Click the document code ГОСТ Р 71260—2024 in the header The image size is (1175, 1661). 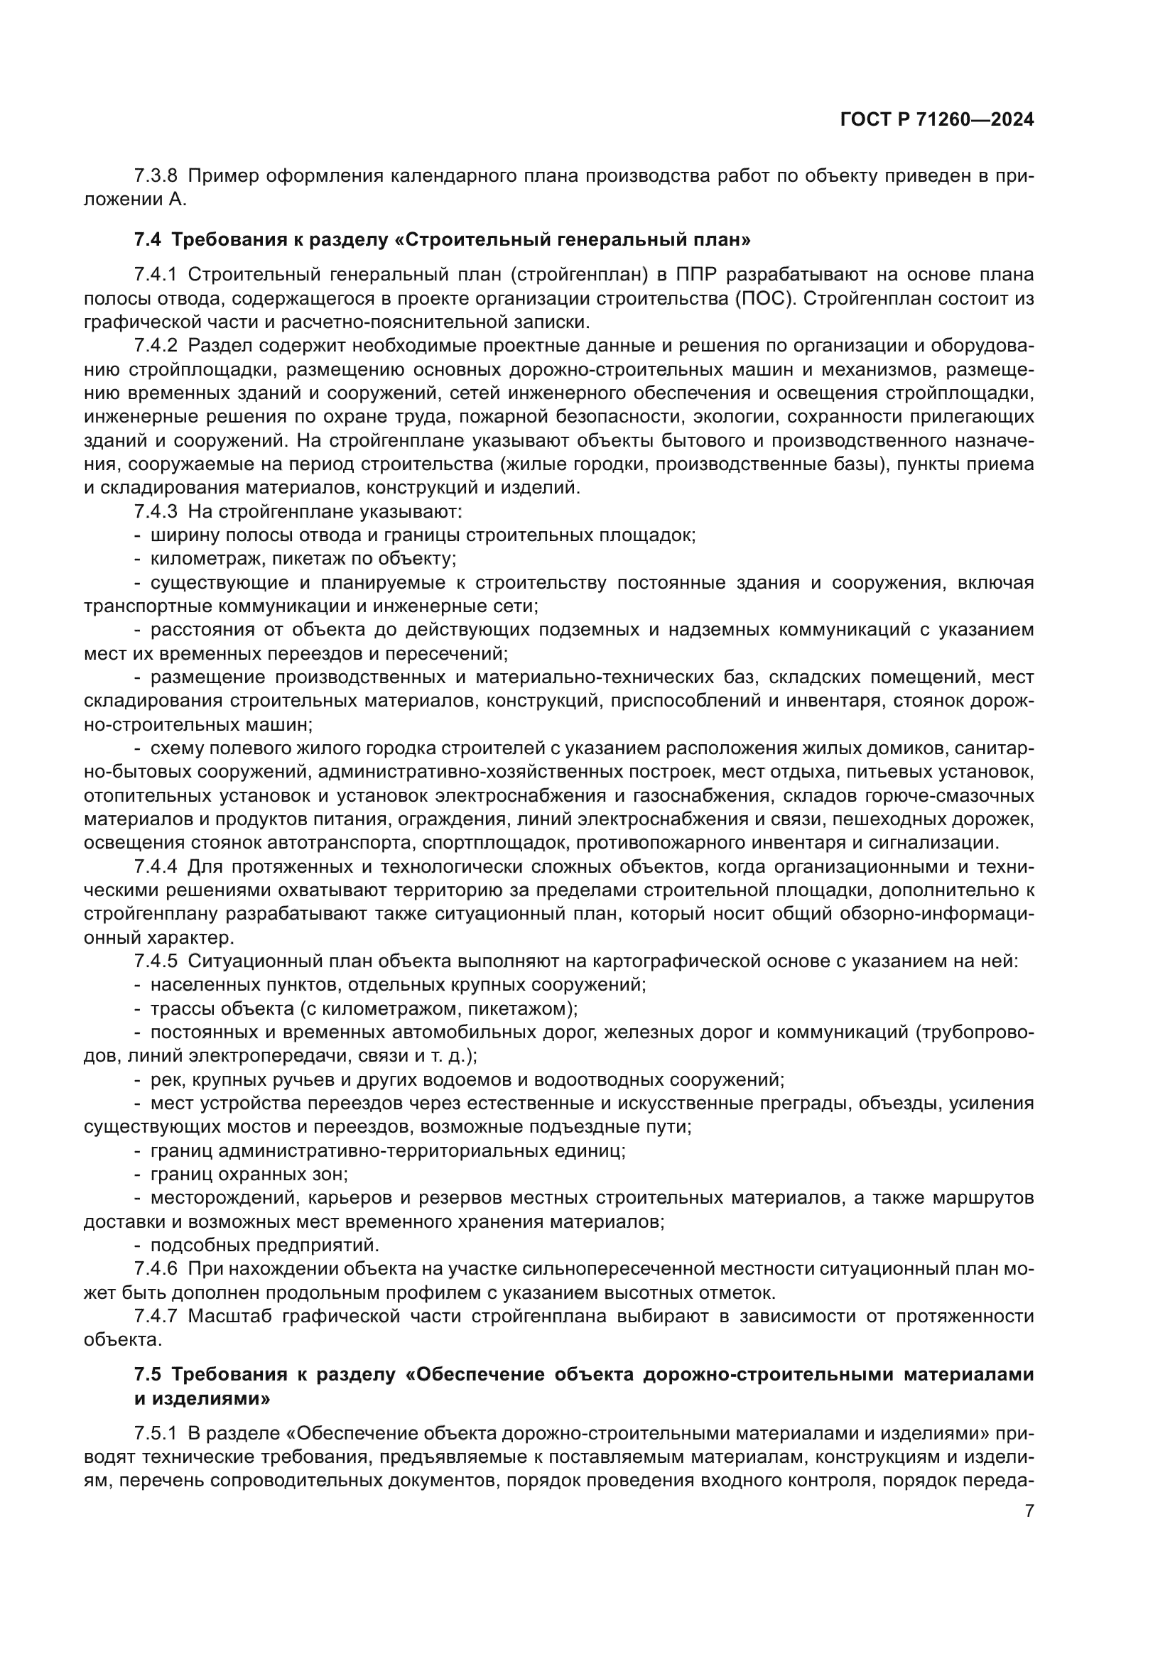tap(937, 120)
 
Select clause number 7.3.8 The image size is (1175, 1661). tap(156, 177)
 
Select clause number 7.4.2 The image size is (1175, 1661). tap(156, 346)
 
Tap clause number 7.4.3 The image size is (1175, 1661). tap(156, 511)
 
